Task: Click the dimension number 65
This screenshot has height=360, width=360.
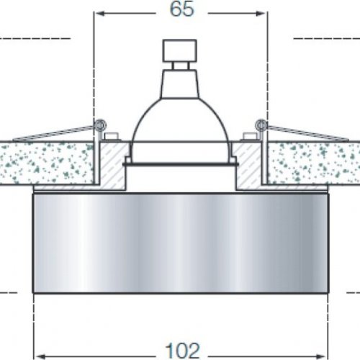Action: [181, 9]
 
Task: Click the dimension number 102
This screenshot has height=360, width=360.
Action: [182, 351]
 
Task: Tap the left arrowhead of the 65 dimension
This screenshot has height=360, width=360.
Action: [100, 14]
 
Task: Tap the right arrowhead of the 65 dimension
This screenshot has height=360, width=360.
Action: [261, 14]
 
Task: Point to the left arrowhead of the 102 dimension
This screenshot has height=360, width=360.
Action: [40, 356]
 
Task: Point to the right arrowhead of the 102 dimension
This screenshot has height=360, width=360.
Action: [321, 356]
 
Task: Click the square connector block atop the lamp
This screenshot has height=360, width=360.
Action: [180, 50]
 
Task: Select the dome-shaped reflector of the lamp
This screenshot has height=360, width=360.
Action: [180, 121]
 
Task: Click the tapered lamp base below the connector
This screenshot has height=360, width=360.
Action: [180, 84]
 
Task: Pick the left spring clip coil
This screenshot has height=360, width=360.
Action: [100, 125]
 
